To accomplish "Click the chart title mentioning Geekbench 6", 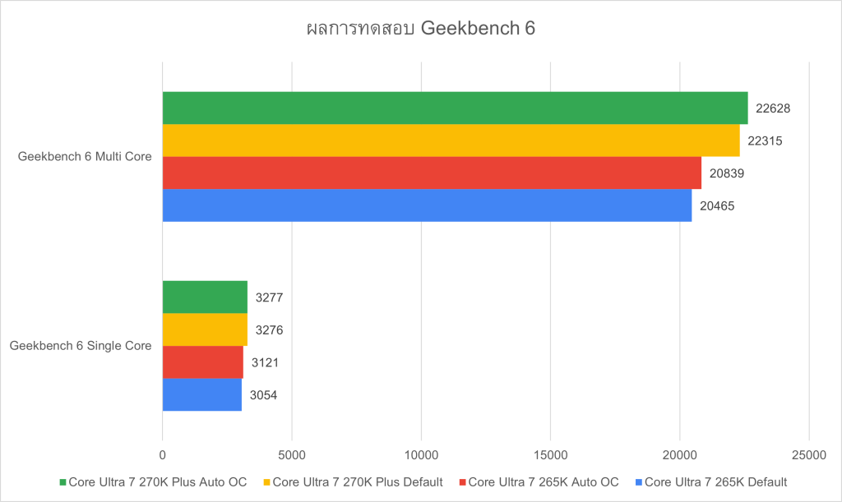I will (x=420, y=29).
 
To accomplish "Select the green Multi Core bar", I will (x=455, y=108).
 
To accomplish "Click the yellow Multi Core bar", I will (x=451, y=140).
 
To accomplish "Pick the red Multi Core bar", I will (x=432, y=173).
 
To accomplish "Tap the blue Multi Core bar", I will (x=427, y=205).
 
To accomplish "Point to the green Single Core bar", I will (x=205, y=297).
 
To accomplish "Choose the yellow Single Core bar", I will (x=205, y=329).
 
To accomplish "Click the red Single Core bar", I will (x=203, y=362).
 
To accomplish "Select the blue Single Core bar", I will (x=202, y=394).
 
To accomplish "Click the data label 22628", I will (x=774, y=108).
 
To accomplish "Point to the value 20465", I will (x=718, y=205).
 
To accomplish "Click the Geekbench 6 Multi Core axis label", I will (x=85, y=156).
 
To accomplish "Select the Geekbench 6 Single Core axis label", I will (x=81, y=346).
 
